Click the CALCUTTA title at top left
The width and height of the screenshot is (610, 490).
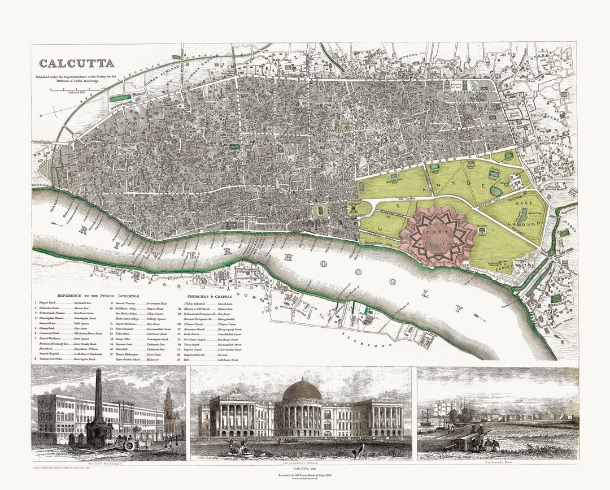(76, 63)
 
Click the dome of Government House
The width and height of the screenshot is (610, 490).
(302, 389)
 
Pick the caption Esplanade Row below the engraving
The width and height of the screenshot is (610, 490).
(497, 462)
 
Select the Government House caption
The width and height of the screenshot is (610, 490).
(301, 462)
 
